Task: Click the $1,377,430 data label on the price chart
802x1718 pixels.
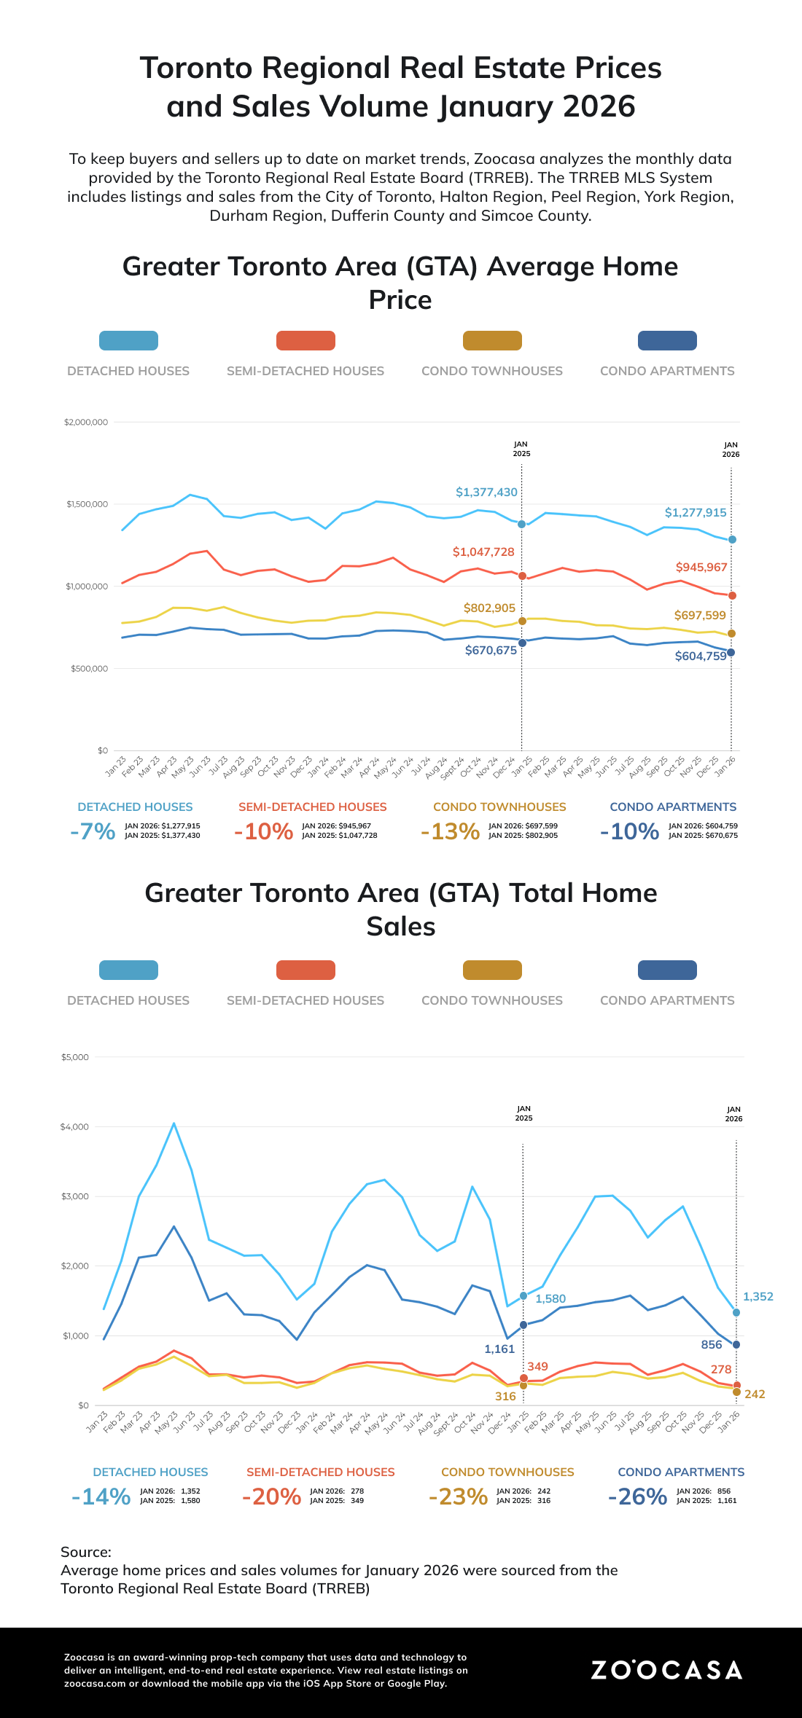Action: pos(486,493)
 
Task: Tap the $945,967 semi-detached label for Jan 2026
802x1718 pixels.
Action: pos(701,568)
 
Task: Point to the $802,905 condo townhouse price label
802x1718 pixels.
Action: pos(489,608)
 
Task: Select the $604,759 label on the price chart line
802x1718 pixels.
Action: pos(701,656)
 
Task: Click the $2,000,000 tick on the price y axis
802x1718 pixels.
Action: pos(86,423)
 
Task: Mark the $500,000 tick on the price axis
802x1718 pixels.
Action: pos(90,669)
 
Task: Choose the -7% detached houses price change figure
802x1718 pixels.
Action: pos(93,831)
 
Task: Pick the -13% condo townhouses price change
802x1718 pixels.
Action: pos(450,831)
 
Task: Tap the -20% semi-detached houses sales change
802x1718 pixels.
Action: pos(271,1497)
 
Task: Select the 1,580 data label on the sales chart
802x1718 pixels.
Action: pos(550,1299)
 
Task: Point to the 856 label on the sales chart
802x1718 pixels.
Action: pos(712,1345)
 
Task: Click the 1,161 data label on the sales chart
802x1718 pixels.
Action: pos(499,1349)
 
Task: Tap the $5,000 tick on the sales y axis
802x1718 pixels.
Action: pos(75,1057)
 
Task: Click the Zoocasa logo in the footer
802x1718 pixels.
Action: pos(666,1670)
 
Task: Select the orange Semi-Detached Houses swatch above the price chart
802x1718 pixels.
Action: pos(305,340)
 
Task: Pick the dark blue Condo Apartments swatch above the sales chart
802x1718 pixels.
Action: pos(667,970)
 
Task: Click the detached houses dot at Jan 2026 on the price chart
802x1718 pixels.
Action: pos(732,540)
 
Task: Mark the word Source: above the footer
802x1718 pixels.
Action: pos(86,1552)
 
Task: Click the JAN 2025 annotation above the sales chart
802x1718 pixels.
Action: pos(523,1113)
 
